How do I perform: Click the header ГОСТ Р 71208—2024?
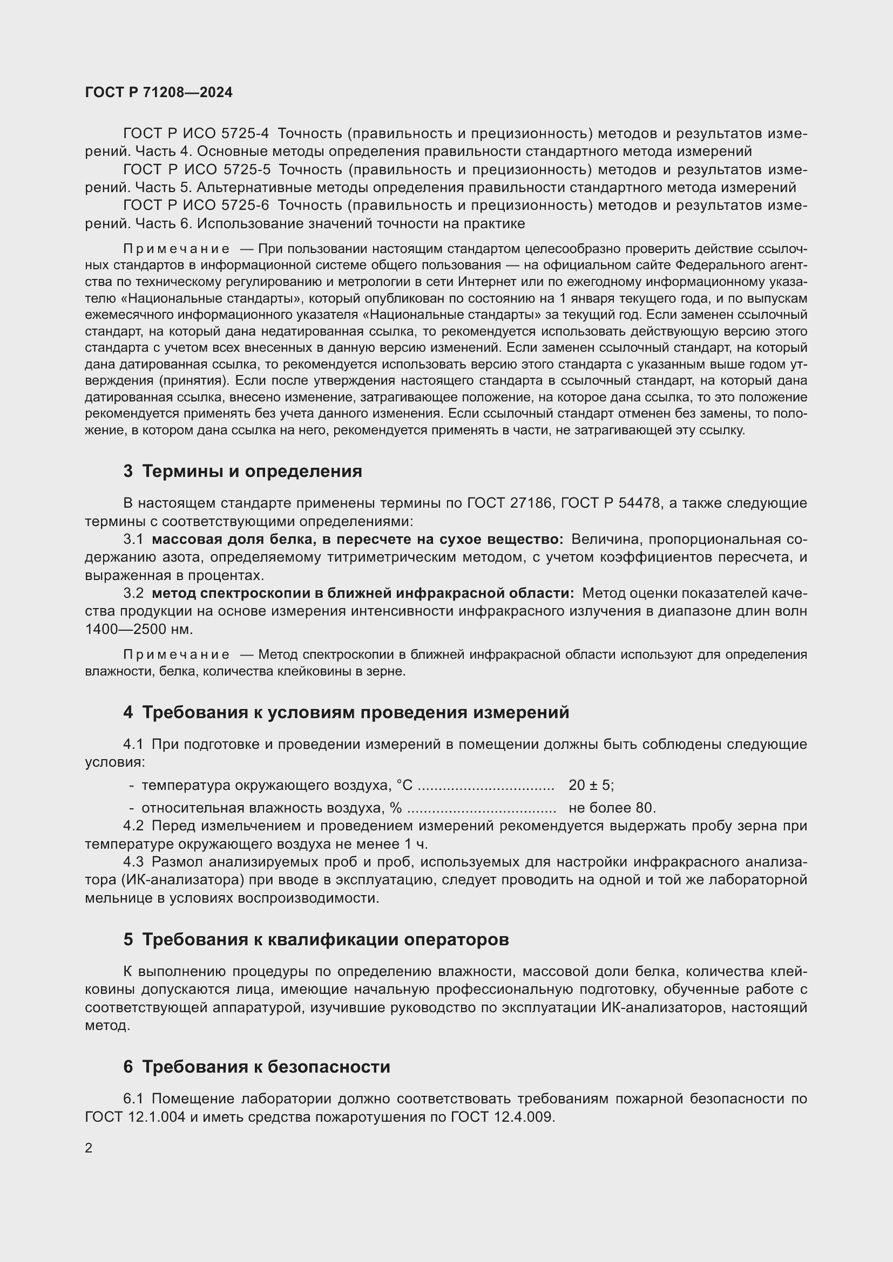pyautogui.click(x=159, y=92)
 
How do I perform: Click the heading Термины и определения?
pyautogui.click(x=252, y=471)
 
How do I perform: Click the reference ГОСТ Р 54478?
pyautogui.click(x=611, y=503)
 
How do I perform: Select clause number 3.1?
pyautogui.click(x=133, y=539)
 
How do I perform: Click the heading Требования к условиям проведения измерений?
pyautogui.click(x=355, y=712)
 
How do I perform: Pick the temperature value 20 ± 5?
pyautogui.click(x=590, y=785)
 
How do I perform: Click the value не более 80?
pyautogui.click(x=612, y=808)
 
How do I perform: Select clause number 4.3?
pyautogui.click(x=133, y=861)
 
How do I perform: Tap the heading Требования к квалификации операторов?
pyautogui.click(x=325, y=939)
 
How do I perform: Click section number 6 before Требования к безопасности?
pyautogui.click(x=128, y=1067)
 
